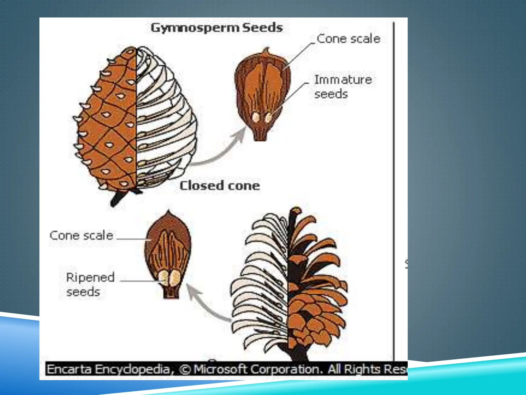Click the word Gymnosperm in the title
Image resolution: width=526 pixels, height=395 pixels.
point(195,28)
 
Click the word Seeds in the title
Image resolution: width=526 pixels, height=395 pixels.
point(262,27)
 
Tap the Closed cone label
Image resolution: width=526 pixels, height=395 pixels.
point(220,186)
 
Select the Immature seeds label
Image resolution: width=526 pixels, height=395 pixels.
point(343,87)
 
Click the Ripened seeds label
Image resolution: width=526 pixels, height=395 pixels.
point(90,284)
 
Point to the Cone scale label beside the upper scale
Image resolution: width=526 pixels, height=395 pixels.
point(348,39)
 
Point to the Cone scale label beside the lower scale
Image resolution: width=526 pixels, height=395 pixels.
point(81,235)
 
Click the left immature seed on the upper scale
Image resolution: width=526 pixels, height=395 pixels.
point(256,117)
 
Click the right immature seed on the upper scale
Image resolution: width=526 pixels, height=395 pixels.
point(268,118)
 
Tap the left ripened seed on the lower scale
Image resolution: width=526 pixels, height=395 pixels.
point(163,278)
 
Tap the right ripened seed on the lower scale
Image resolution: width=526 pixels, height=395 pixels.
point(175,278)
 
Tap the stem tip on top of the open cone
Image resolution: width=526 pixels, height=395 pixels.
point(295,211)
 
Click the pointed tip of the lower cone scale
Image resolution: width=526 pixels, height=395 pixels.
point(168,212)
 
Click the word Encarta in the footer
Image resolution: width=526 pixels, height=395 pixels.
point(69,369)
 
